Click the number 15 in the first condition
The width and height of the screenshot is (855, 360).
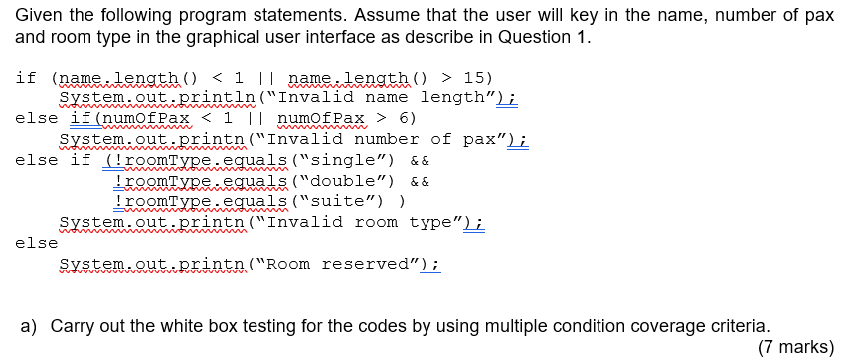(475, 77)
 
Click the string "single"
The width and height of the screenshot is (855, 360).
(339, 160)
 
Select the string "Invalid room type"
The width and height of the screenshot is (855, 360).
(364, 222)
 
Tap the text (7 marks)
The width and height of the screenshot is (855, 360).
(795, 346)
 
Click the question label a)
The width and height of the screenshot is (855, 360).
(29, 325)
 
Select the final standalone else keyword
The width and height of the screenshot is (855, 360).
(37, 243)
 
